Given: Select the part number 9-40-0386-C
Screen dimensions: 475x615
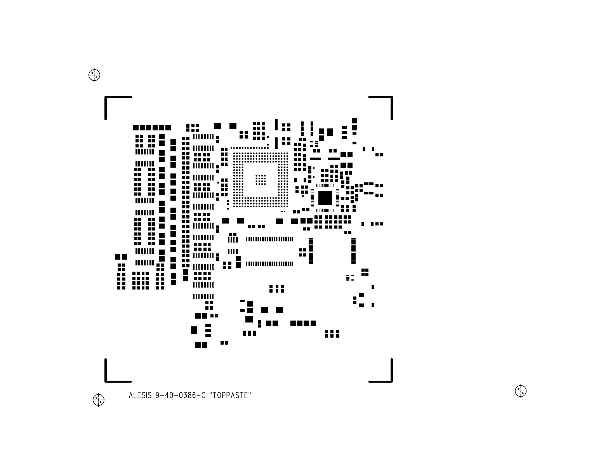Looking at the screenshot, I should coord(180,395).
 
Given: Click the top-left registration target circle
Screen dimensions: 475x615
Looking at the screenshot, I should coord(94,75).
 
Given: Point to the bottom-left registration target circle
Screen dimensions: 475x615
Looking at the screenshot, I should coord(99,399).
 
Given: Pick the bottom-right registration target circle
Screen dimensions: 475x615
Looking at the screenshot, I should coord(521,391).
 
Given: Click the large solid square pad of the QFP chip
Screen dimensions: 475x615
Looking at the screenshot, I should coord(325,198).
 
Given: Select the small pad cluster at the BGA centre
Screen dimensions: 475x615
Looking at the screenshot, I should coord(261,179).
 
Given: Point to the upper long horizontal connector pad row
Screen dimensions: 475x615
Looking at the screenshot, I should coord(269,239).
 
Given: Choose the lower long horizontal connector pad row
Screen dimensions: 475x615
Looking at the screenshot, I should coord(269,264).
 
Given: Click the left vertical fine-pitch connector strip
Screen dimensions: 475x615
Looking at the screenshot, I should coord(311,251).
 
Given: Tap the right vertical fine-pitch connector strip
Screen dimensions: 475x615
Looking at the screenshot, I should coord(353,251).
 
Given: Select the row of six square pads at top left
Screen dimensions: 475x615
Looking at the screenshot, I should coord(152,128).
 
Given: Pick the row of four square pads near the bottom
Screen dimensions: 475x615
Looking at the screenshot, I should coord(303,323).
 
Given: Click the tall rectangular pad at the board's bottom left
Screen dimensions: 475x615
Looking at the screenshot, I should coord(194,330).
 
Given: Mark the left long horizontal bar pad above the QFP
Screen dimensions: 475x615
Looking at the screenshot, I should coord(315,159).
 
